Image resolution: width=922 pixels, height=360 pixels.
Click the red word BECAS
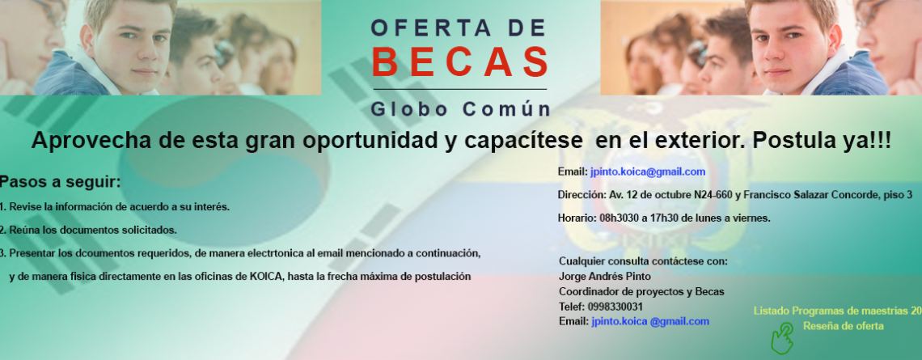[x=460, y=61]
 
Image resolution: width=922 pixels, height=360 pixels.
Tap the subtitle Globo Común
[x=461, y=109]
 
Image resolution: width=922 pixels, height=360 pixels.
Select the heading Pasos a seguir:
[x=60, y=182]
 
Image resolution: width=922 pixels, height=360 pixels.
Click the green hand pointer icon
[x=782, y=337]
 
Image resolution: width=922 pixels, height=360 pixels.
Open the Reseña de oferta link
[x=844, y=326]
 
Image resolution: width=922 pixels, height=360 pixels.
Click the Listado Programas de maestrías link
[x=837, y=311]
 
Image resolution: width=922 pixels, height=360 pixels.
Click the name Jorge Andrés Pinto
[x=605, y=276]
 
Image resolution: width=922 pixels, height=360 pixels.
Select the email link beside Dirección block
[x=647, y=172]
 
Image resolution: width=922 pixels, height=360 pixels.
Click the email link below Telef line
[x=650, y=321]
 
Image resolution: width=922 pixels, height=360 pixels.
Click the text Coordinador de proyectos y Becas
[x=641, y=291]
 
